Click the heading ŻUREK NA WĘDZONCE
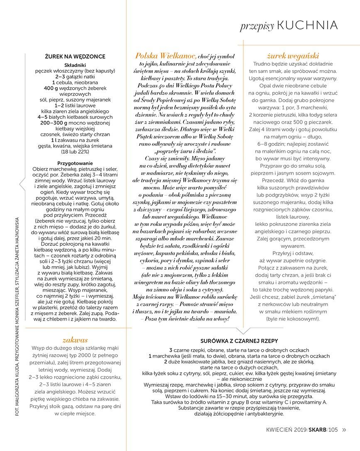75,56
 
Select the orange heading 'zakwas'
75,339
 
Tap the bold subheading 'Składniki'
75,65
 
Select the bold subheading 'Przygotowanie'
75,164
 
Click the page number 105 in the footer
333,430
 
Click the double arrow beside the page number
344,430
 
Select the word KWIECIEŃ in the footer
280,430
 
